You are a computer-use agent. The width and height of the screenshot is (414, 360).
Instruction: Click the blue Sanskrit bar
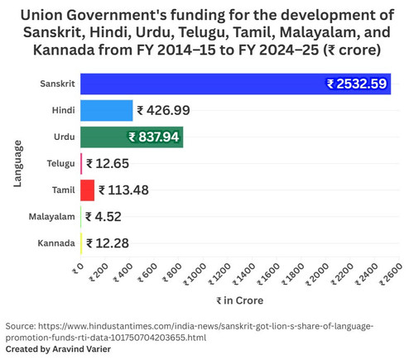click(235, 84)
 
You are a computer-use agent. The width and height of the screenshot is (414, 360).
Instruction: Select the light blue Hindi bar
click(107, 110)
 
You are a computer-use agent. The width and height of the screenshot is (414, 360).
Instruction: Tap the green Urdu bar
click(132, 137)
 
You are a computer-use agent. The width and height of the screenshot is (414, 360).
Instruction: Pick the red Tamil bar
click(88, 190)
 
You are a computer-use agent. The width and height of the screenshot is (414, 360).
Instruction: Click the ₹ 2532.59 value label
click(357, 84)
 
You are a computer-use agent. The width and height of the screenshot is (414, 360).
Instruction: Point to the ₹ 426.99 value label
click(163, 111)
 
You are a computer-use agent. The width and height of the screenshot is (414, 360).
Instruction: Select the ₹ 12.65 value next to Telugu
click(108, 164)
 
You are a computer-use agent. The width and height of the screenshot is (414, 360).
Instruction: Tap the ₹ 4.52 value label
click(103, 217)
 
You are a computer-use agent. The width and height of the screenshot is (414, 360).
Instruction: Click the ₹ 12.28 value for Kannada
click(108, 243)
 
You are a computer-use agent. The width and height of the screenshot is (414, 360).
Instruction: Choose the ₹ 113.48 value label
click(123, 190)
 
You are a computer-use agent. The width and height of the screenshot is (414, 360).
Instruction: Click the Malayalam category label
click(51, 217)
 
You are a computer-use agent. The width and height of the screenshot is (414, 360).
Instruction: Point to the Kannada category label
click(56, 243)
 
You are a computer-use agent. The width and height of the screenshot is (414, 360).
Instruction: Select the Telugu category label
click(60, 164)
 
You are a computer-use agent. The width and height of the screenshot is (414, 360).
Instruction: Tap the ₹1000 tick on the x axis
click(195, 274)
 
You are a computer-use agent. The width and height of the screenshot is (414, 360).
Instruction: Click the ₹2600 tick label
click(391, 274)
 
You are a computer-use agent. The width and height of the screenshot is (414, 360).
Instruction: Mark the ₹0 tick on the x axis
click(78, 268)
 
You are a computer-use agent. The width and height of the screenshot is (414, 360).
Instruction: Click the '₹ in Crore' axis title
click(239, 300)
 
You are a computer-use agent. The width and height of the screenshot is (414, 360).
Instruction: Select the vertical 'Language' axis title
click(17, 164)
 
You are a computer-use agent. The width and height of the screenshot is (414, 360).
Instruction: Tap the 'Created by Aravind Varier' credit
click(58, 349)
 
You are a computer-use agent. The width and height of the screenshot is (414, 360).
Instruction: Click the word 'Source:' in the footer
click(21, 326)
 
